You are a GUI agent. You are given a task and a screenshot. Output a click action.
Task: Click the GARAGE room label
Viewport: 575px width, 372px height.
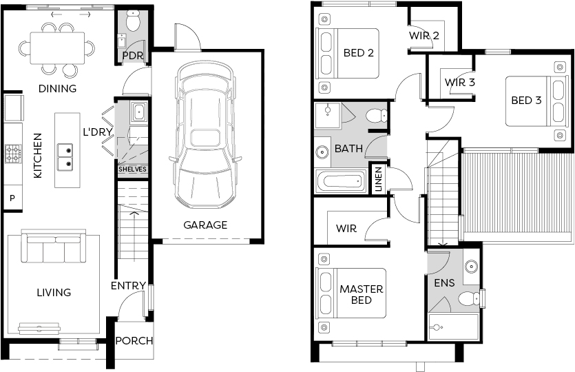point(205,225)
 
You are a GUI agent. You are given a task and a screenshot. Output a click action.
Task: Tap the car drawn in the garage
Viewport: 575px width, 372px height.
point(205,134)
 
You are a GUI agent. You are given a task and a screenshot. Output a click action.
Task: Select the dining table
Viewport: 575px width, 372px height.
point(58,48)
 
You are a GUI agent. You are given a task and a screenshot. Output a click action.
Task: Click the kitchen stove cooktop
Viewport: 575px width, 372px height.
point(13,154)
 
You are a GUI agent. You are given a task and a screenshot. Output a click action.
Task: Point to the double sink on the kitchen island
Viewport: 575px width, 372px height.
point(65,157)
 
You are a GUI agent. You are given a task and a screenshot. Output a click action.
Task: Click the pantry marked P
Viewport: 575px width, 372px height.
point(12,198)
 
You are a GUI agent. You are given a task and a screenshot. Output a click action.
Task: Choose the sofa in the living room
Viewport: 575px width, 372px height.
point(54,247)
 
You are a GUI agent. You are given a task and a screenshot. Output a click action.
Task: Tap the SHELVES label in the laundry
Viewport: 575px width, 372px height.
point(132,169)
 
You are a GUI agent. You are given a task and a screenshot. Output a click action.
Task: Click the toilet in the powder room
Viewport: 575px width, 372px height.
point(132,20)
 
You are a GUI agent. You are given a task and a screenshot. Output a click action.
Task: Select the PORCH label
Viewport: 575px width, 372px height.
point(134,341)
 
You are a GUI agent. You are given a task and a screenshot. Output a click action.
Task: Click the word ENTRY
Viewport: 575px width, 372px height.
point(128,285)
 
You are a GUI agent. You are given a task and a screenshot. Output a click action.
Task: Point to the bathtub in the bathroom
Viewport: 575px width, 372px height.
point(340,181)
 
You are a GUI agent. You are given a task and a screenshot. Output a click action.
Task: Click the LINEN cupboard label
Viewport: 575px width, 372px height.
point(379,178)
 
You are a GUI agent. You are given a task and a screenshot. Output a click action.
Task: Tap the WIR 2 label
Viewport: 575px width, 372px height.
point(424,36)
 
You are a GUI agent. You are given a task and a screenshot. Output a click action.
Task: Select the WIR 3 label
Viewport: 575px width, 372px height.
point(460,82)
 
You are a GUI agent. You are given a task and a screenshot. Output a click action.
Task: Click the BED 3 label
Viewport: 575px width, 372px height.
point(526,100)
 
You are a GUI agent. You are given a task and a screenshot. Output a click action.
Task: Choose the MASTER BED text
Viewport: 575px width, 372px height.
point(362,295)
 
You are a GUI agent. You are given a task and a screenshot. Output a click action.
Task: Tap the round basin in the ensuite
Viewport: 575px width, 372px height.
point(471,266)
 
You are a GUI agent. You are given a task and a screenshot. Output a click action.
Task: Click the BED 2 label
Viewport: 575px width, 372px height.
point(358,53)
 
